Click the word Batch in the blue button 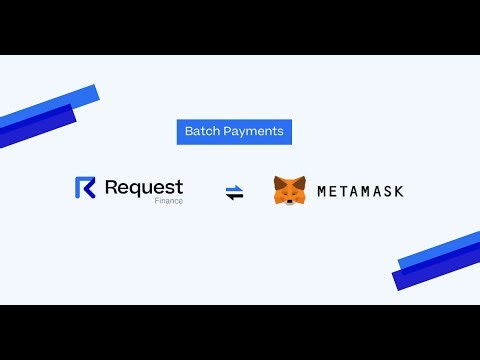tap(202, 131)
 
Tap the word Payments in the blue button tap(252, 131)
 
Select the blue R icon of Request tap(85, 188)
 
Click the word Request tap(143, 186)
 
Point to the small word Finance tap(168, 201)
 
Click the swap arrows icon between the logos tap(235, 192)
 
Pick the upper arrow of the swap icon tap(235, 188)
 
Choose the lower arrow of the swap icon tap(235, 196)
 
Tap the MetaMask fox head tap(290, 190)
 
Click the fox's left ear tap(278, 180)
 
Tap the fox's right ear tap(303, 180)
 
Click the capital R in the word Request tap(111, 186)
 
